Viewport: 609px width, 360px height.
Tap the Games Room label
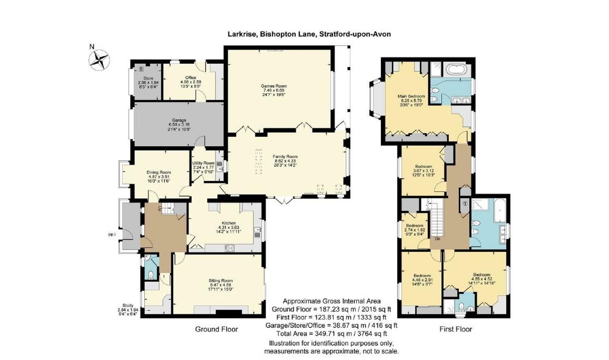pyautogui.click(x=274, y=86)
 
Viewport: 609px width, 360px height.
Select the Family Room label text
pyautogui.click(x=285, y=156)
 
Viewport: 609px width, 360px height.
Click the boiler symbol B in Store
pyautogui.click(x=141, y=69)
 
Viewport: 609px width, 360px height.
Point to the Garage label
pyautogui.click(x=179, y=120)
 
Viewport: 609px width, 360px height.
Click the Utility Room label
pyautogui.click(x=203, y=163)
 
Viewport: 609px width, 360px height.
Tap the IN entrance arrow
pyautogui.click(x=112, y=235)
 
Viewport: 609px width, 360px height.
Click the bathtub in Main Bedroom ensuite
pyautogui.click(x=456, y=70)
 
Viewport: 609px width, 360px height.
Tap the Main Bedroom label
pyautogui.click(x=411, y=96)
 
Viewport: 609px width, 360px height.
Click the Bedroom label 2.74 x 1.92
pyautogui.click(x=414, y=225)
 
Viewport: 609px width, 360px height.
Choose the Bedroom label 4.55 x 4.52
pyautogui.click(x=481, y=274)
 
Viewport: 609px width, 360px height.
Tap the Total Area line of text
pyautogui.click(x=331, y=334)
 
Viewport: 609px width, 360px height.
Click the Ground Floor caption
pyautogui.click(x=216, y=329)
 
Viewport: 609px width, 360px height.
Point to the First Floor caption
pyautogui.click(x=456, y=329)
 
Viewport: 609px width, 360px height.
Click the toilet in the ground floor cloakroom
pyautogui.click(x=150, y=274)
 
